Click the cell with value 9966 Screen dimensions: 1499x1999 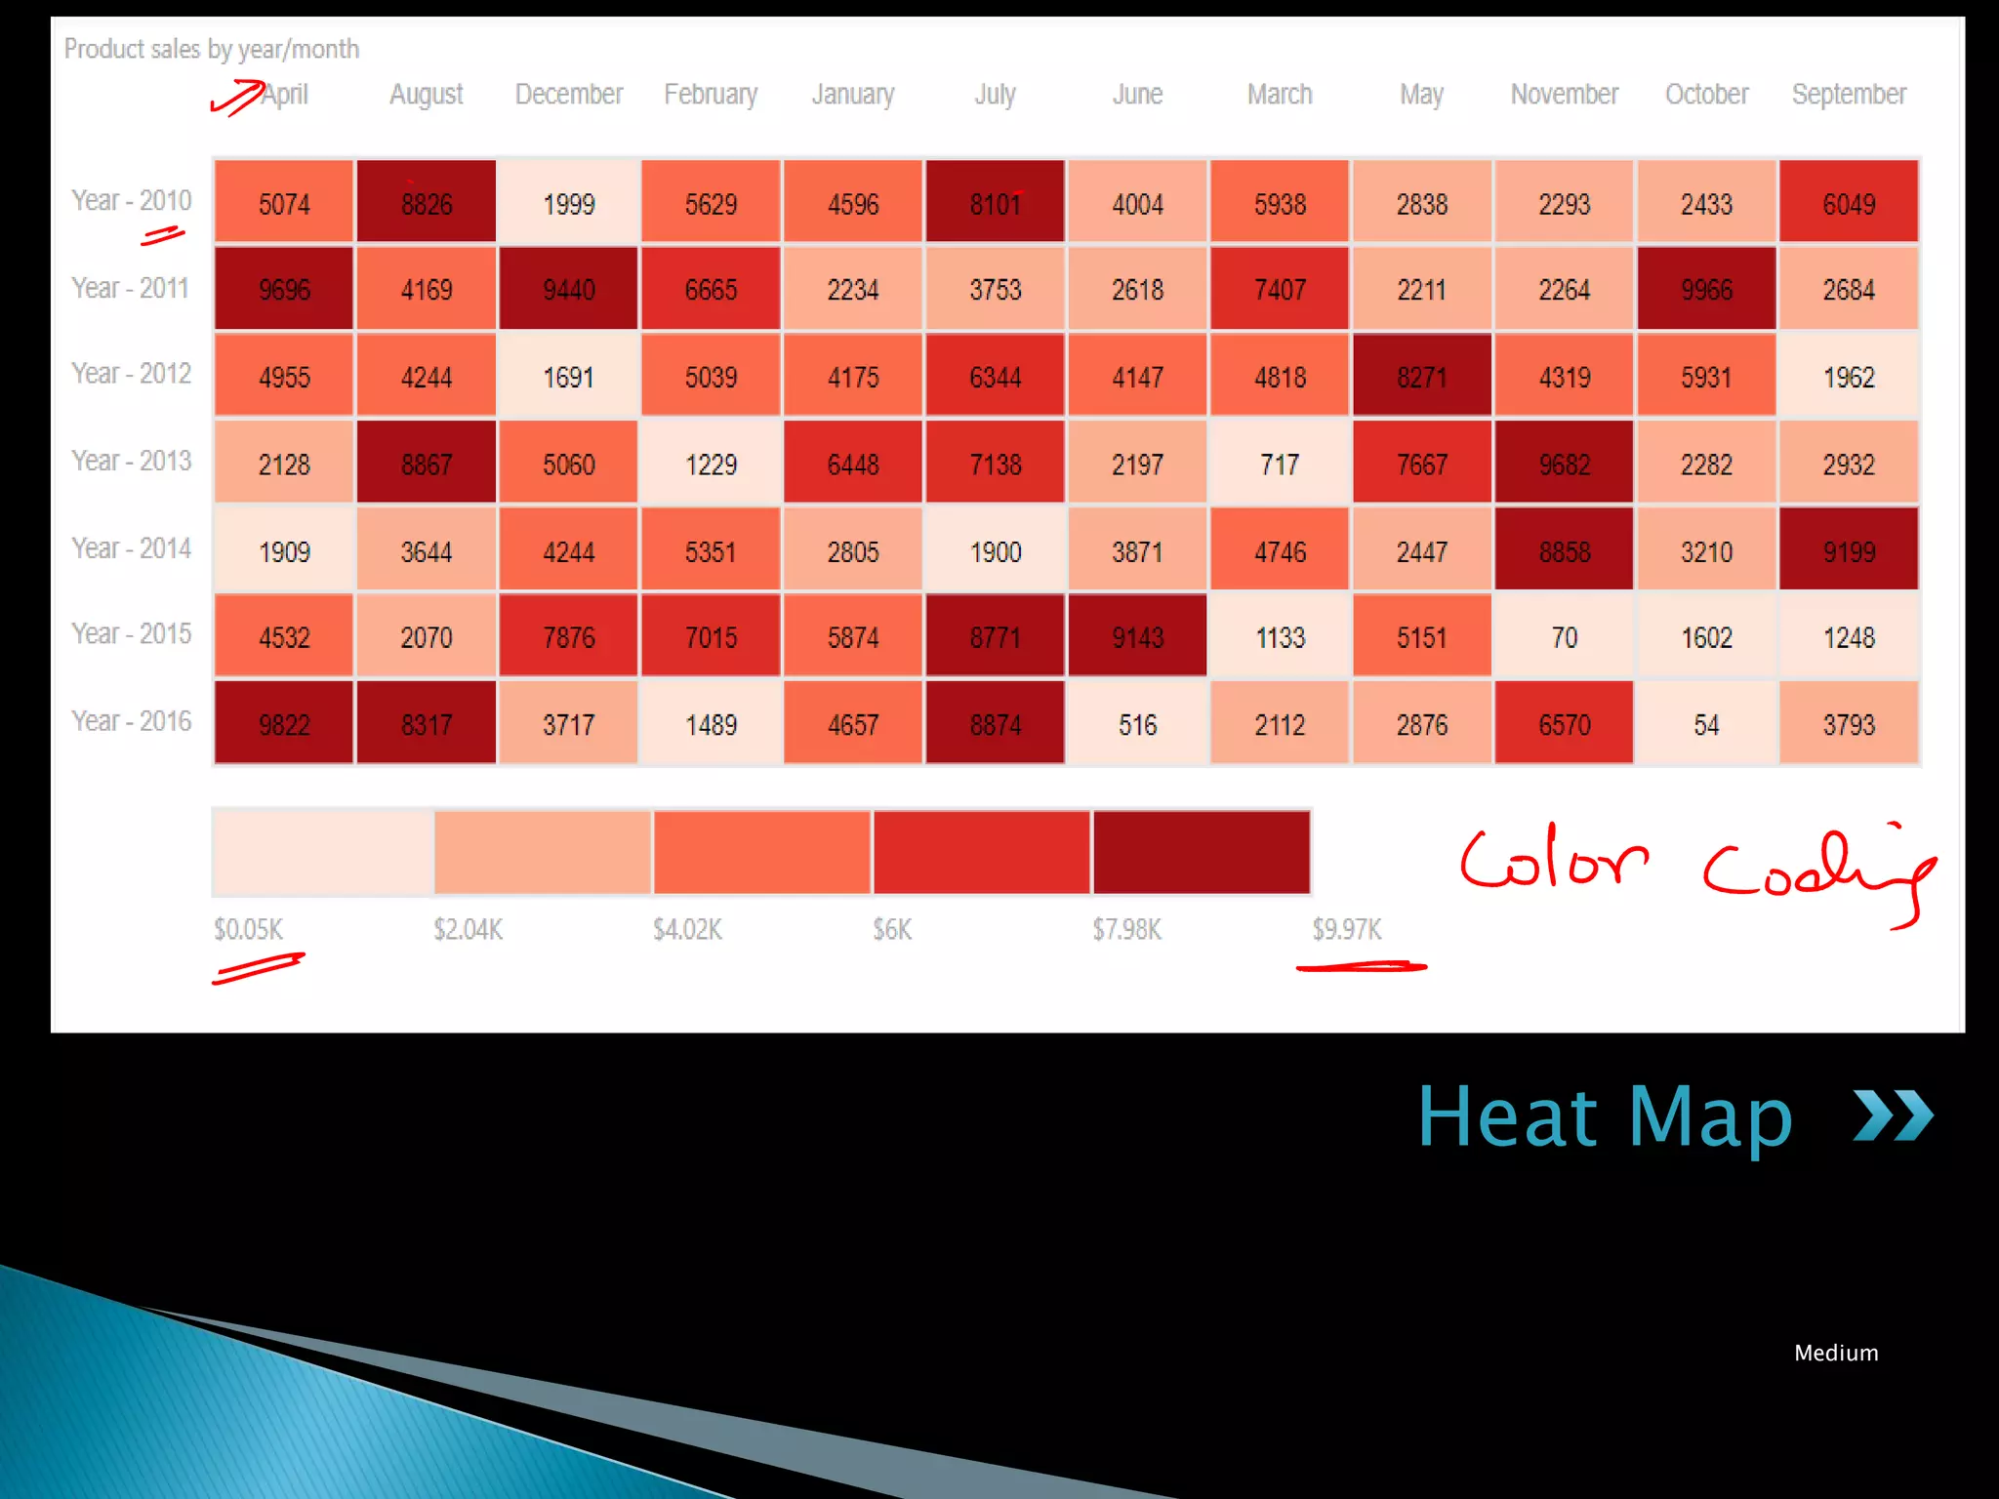(x=1706, y=289)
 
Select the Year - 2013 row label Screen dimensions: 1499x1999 (x=131, y=461)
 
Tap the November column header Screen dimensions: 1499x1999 (x=1564, y=94)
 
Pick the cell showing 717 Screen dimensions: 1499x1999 (x=1280, y=464)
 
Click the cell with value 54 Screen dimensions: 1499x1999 (x=1706, y=724)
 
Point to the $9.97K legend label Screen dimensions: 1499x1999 (x=1346, y=929)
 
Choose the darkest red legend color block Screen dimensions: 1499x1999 (x=1201, y=852)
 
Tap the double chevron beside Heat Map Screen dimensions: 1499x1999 (x=1893, y=1115)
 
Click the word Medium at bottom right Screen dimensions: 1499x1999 (x=1836, y=1353)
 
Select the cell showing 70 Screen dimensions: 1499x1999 (x=1564, y=637)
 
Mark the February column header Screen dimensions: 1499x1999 (x=711, y=94)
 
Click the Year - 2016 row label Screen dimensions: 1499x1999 (x=131, y=721)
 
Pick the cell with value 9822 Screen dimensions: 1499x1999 (x=284, y=724)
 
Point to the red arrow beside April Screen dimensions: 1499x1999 (x=237, y=98)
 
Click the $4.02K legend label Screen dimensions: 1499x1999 (x=687, y=929)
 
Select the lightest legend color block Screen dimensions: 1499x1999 (x=323, y=852)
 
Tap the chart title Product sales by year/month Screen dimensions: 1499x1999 (x=212, y=49)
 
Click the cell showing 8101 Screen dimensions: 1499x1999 (x=995, y=203)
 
